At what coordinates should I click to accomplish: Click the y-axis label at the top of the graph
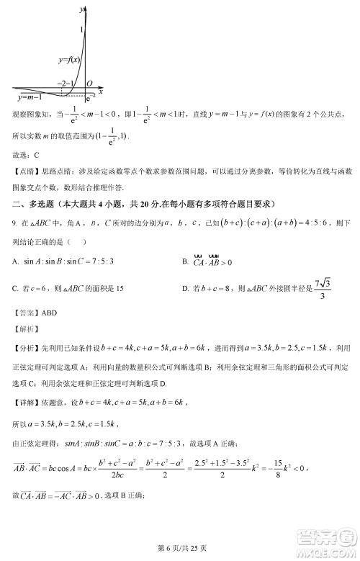pyautogui.click(x=81, y=6)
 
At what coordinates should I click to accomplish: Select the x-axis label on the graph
pyautogui.click(x=100, y=91)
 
